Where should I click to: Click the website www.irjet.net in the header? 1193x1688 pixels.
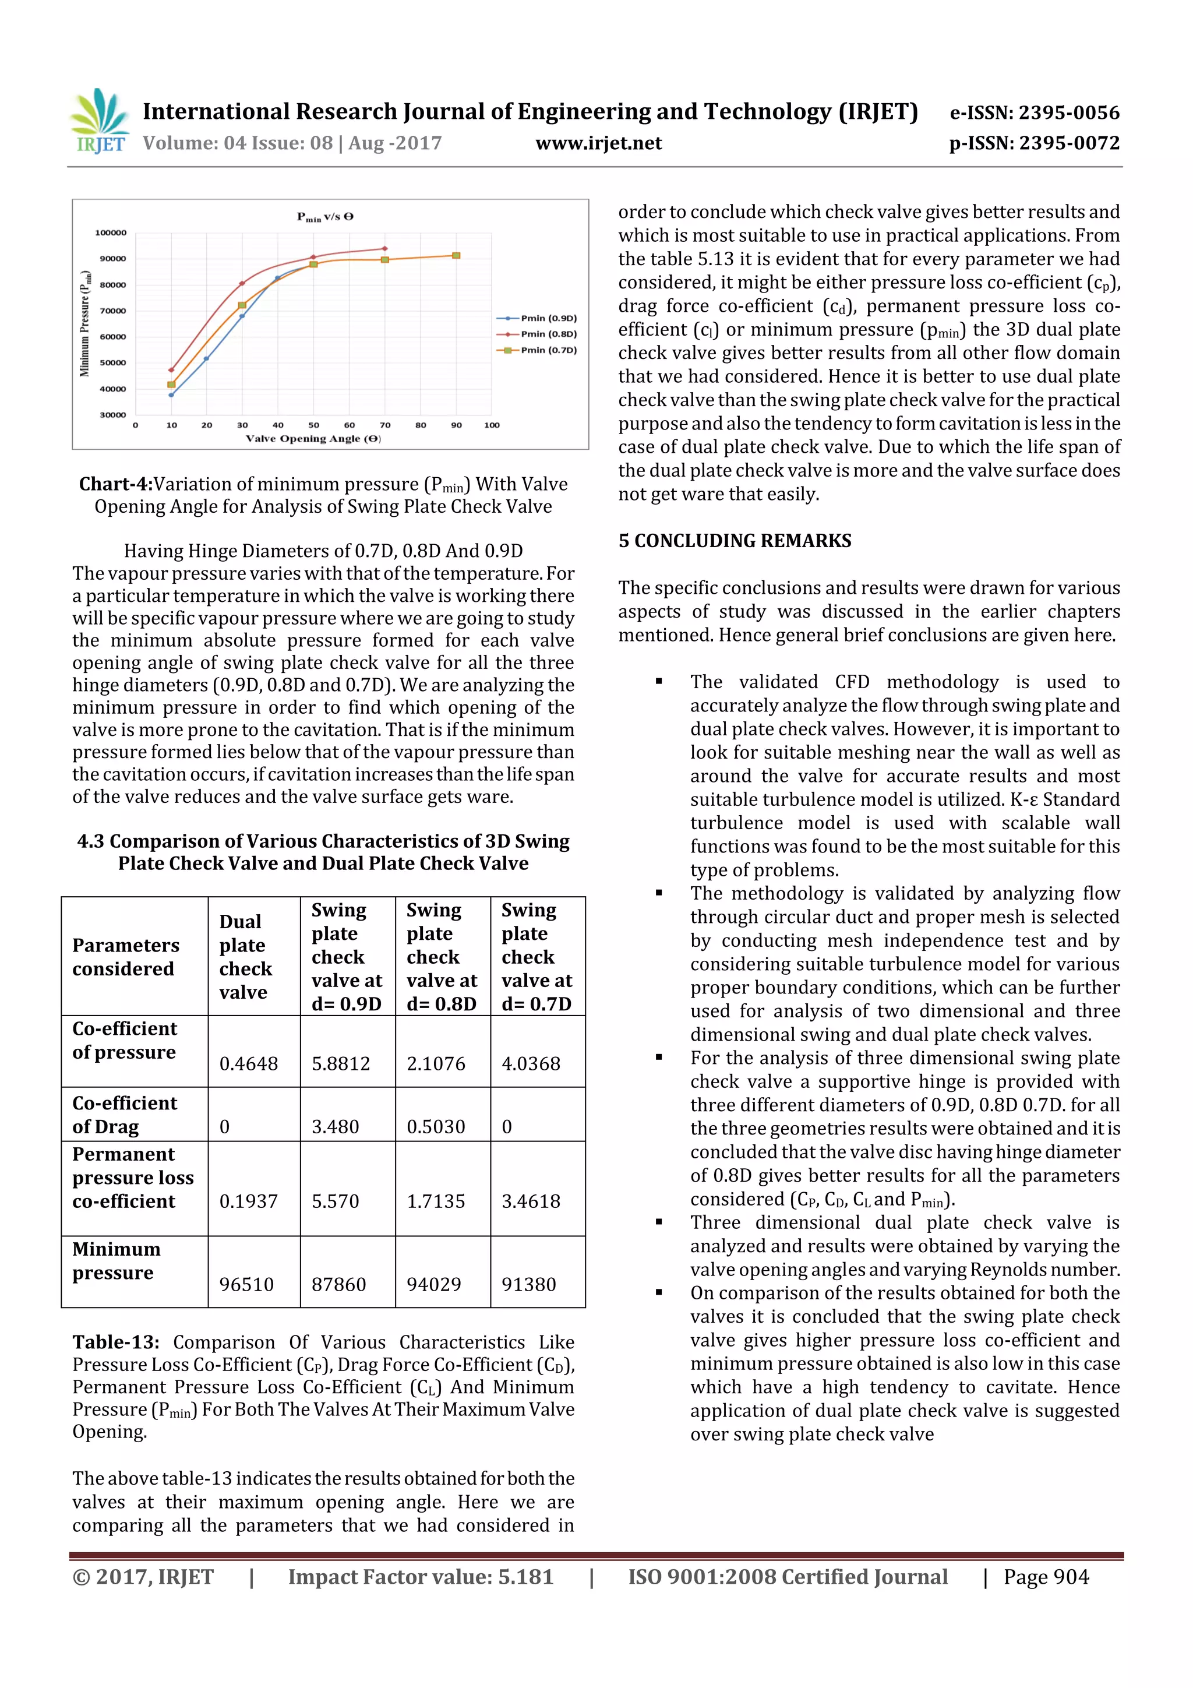click(x=598, y=143)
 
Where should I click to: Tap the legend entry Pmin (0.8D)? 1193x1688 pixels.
click(x=548, y=334)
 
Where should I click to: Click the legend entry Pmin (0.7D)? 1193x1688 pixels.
click(x=548, y=350)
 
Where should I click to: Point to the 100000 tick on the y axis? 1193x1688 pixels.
click(x=111, y=233)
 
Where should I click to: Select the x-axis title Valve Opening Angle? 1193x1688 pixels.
click(x=313, y=439)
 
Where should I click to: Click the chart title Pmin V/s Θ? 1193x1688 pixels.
click(x=325, y=217)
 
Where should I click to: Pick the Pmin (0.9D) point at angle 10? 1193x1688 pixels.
click(x=171, y=395)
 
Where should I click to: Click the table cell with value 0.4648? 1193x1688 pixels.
click(x=249, y=1063)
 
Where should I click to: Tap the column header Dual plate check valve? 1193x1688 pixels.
click(x=245, y=957)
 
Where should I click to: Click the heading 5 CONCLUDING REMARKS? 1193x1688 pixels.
click(x=735, y=541)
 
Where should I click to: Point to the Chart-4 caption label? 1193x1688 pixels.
click(x=115, y=484)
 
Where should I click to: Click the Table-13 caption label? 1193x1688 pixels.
click(x=115, y=1342)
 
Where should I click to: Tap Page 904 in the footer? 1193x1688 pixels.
click(x=1046, y=1577)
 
